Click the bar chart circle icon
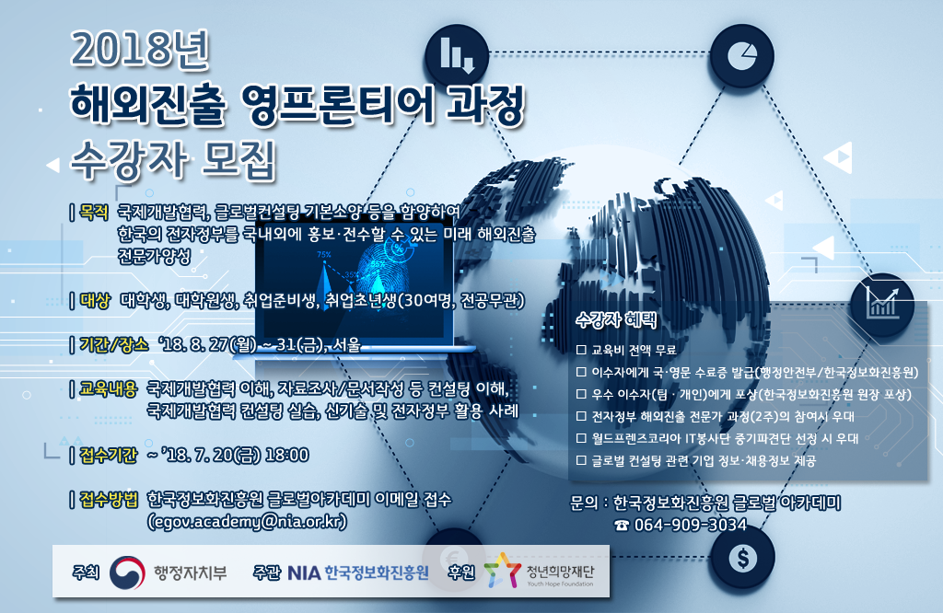457,55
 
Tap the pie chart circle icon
741,56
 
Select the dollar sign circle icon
743,559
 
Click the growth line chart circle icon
882,305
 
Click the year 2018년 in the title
140,50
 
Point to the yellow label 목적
95,212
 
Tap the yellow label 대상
95,300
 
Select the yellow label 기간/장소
113,345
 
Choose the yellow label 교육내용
109,389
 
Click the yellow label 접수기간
109,456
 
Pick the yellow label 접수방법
109,500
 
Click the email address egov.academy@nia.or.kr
247,521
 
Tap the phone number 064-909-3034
691,526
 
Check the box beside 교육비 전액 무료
581,350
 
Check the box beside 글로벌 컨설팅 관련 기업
581,461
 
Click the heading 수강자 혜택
616,319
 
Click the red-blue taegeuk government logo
127,573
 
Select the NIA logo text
304,573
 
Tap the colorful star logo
502,571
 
